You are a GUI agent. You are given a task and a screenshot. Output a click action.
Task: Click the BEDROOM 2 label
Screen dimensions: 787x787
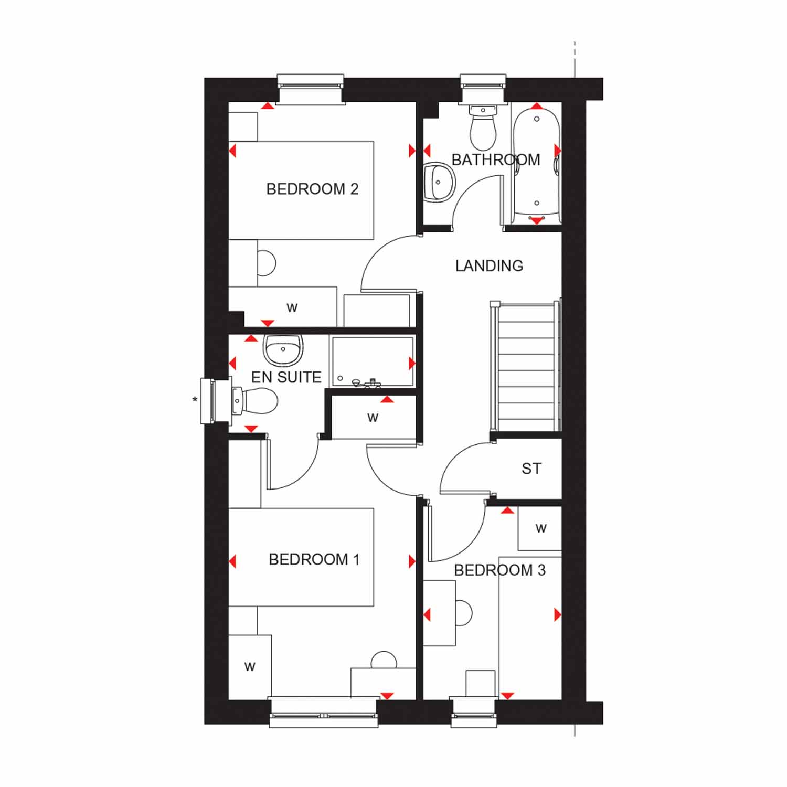click(312, 189)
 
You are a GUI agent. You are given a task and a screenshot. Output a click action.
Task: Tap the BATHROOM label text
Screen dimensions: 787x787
click(495, 159)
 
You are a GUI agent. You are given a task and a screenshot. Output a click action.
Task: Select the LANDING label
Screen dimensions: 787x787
click(489, 266)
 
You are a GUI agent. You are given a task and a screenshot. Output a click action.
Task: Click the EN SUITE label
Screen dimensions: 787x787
click(286, 377)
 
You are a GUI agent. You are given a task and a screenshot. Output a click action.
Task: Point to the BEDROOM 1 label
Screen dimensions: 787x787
click(314, 560)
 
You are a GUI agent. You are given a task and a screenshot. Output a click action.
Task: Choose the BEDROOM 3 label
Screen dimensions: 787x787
click(499, 570)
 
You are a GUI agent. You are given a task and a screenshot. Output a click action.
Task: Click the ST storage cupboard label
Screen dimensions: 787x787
click(531, 469)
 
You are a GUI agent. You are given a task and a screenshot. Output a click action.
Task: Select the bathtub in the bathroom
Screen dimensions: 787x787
click(537, 163)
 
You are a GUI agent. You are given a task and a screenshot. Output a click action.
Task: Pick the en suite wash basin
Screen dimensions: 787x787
click(283, 349)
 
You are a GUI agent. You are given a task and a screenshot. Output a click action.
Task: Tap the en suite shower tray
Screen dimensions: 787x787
click(372, 362)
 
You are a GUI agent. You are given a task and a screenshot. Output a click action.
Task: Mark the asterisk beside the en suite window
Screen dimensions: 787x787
click(195, 400)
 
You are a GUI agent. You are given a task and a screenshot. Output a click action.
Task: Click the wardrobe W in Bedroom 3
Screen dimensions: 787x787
click(540, 528)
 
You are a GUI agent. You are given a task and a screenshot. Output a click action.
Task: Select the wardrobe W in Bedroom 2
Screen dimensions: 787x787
click(292, 307)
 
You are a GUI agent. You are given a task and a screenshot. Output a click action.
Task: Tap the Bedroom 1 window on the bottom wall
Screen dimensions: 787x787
click(324, 712)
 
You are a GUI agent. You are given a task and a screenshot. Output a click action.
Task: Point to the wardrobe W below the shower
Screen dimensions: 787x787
click(373, 418)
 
